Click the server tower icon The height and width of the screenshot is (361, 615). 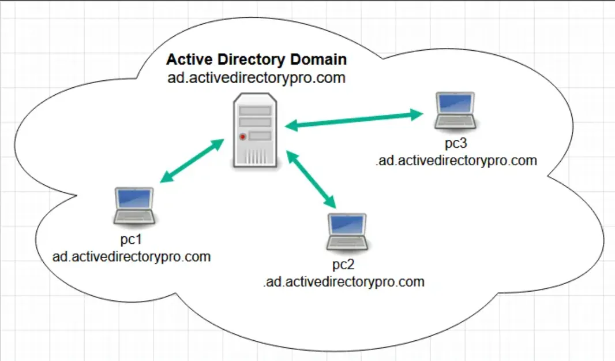[255, 131]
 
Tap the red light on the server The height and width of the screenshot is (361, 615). [242, 137]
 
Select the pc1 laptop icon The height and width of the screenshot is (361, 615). [134, 206]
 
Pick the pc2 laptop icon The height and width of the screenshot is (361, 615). [347, 232]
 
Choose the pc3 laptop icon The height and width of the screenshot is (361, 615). [455, 111]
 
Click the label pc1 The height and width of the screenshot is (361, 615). [130, 240]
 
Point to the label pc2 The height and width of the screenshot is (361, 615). [343, 265]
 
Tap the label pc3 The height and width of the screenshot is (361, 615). [456, 143]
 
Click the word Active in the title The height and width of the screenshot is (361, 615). [189, 59]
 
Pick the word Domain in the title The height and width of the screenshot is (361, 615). [318, 59]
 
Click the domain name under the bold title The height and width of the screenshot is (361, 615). [257, 78]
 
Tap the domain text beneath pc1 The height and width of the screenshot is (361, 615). [132, 257]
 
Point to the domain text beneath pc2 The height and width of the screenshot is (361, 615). [344, 282]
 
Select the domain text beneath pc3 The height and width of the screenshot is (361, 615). [456, 161]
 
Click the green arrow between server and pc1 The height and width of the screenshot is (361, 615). [192, 161]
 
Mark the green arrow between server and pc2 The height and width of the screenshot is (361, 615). [311, 179]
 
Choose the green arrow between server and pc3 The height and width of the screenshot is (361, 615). [354, 120]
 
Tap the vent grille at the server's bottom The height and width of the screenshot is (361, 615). [255, 157]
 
